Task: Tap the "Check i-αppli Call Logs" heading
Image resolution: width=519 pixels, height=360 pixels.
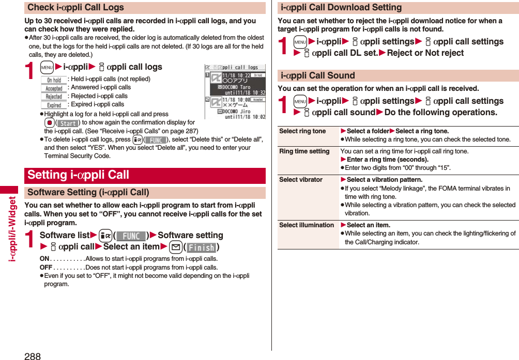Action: point(75,8)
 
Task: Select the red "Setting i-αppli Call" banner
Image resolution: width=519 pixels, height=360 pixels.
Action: point(78,175)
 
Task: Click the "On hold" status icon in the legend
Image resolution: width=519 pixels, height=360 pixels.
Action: point(54,80)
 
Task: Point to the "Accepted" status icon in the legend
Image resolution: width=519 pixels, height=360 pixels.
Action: point(54,88)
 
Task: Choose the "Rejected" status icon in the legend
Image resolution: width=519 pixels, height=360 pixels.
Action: point(54,97)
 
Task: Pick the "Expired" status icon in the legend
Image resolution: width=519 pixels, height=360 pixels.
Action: point(54,105)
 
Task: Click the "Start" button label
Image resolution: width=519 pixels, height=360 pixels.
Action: point(67,123)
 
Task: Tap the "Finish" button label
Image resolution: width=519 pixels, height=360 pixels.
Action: point(202,247)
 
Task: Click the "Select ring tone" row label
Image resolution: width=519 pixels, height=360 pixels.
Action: point(302,131)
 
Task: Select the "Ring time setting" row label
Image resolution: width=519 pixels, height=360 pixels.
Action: point(304,151)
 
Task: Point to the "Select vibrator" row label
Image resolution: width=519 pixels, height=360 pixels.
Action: point(300,180)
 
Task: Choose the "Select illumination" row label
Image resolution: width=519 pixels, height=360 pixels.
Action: point(307,225)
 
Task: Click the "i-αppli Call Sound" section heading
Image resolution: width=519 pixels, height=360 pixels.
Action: point(317,75)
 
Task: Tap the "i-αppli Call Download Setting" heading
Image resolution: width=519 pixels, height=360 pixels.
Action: point(341,8)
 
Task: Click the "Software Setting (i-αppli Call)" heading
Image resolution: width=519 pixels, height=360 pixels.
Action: point(88,193)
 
